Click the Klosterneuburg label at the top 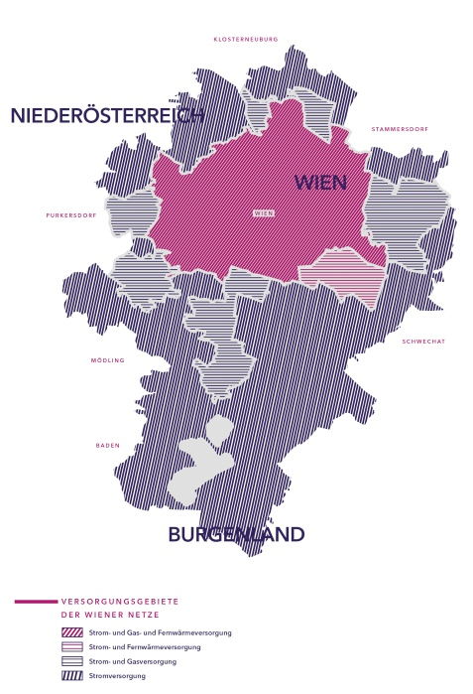pos(246,40)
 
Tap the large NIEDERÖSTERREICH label pos(107,115)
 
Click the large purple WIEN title pos(318,182)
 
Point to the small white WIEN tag pos(264,213)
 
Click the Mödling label pos(108,360)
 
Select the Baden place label pos(107,445)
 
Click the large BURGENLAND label pos(236,535)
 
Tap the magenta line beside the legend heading pos(36,602)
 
